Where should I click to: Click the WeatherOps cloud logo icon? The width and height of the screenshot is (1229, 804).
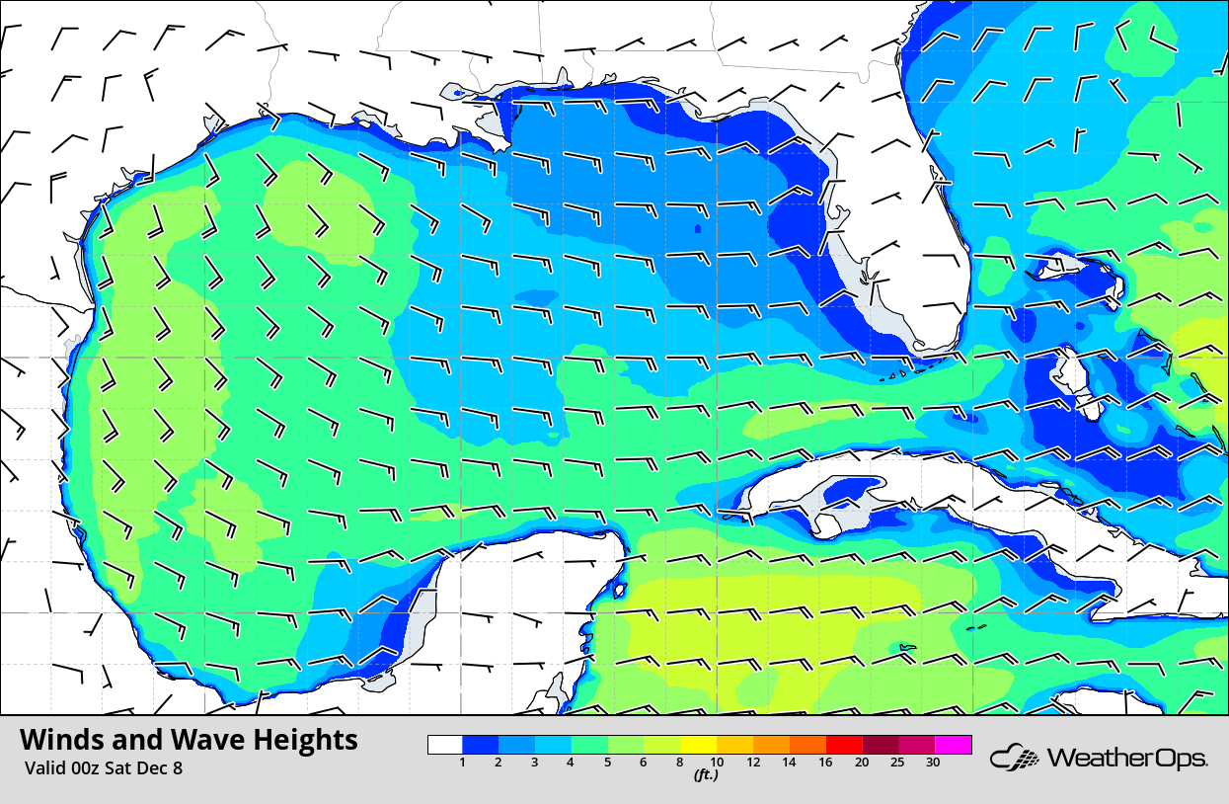tap(1015, 759)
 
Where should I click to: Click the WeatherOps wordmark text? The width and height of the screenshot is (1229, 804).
tap(1125, 759)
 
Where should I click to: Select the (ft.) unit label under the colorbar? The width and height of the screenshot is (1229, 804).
tap(705, 775)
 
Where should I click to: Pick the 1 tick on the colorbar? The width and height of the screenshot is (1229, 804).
tap(462, 762)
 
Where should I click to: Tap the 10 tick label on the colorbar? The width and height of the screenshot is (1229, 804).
tap(718, 762)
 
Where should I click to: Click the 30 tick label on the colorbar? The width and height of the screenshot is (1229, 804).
tap(933, 762)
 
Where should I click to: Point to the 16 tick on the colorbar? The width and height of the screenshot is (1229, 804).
tap(825, 762)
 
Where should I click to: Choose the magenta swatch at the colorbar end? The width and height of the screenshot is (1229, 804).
tap(954, 745)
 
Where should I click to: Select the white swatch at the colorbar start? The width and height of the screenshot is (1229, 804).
tap(445, 745)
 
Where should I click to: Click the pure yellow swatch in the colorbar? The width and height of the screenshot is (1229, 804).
tap(699, 745)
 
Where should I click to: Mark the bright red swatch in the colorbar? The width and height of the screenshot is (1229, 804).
tap(844, 745)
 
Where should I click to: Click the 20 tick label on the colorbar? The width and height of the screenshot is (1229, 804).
tap(862, 762)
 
